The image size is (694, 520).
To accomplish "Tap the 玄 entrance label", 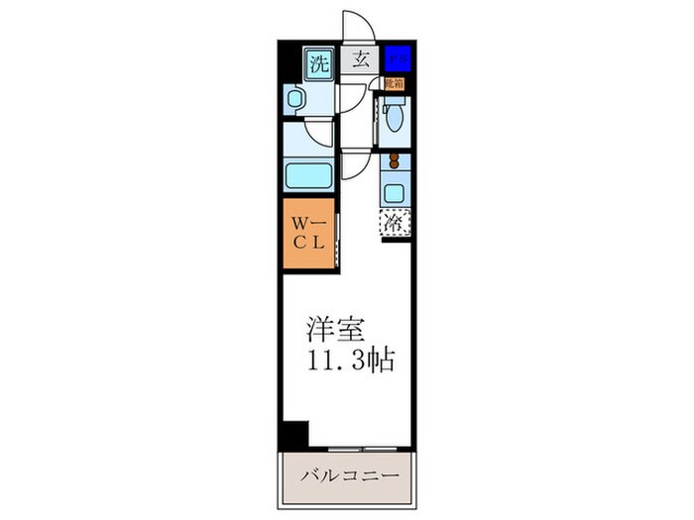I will pos(361,59).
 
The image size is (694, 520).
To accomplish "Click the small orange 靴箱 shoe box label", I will pos(394,84).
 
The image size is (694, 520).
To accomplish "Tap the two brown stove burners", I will pos(394,160).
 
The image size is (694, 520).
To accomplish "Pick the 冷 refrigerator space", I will pos(395,224).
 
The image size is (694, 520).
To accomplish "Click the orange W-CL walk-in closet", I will pos(308,235).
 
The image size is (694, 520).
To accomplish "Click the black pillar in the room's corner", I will pos(294,434).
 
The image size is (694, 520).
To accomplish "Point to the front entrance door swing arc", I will pos(357,25).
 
